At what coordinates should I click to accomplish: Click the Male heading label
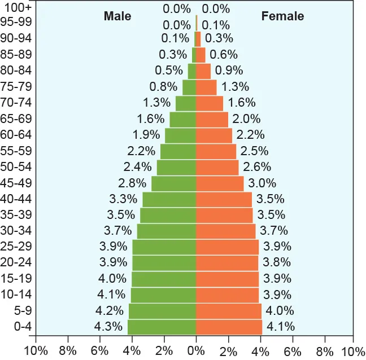coord(117,16)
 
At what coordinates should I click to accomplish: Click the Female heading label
coord(282,16)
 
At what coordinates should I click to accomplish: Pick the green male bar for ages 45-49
coord(173,183)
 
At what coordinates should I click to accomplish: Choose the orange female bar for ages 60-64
coord(214,135)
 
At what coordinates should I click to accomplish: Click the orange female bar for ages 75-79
coord(206,87)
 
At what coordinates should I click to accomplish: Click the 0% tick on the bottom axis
coord(196,351)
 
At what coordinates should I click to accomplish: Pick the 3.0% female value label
coord(262,183)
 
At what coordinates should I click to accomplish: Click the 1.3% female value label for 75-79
coord(235,87)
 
